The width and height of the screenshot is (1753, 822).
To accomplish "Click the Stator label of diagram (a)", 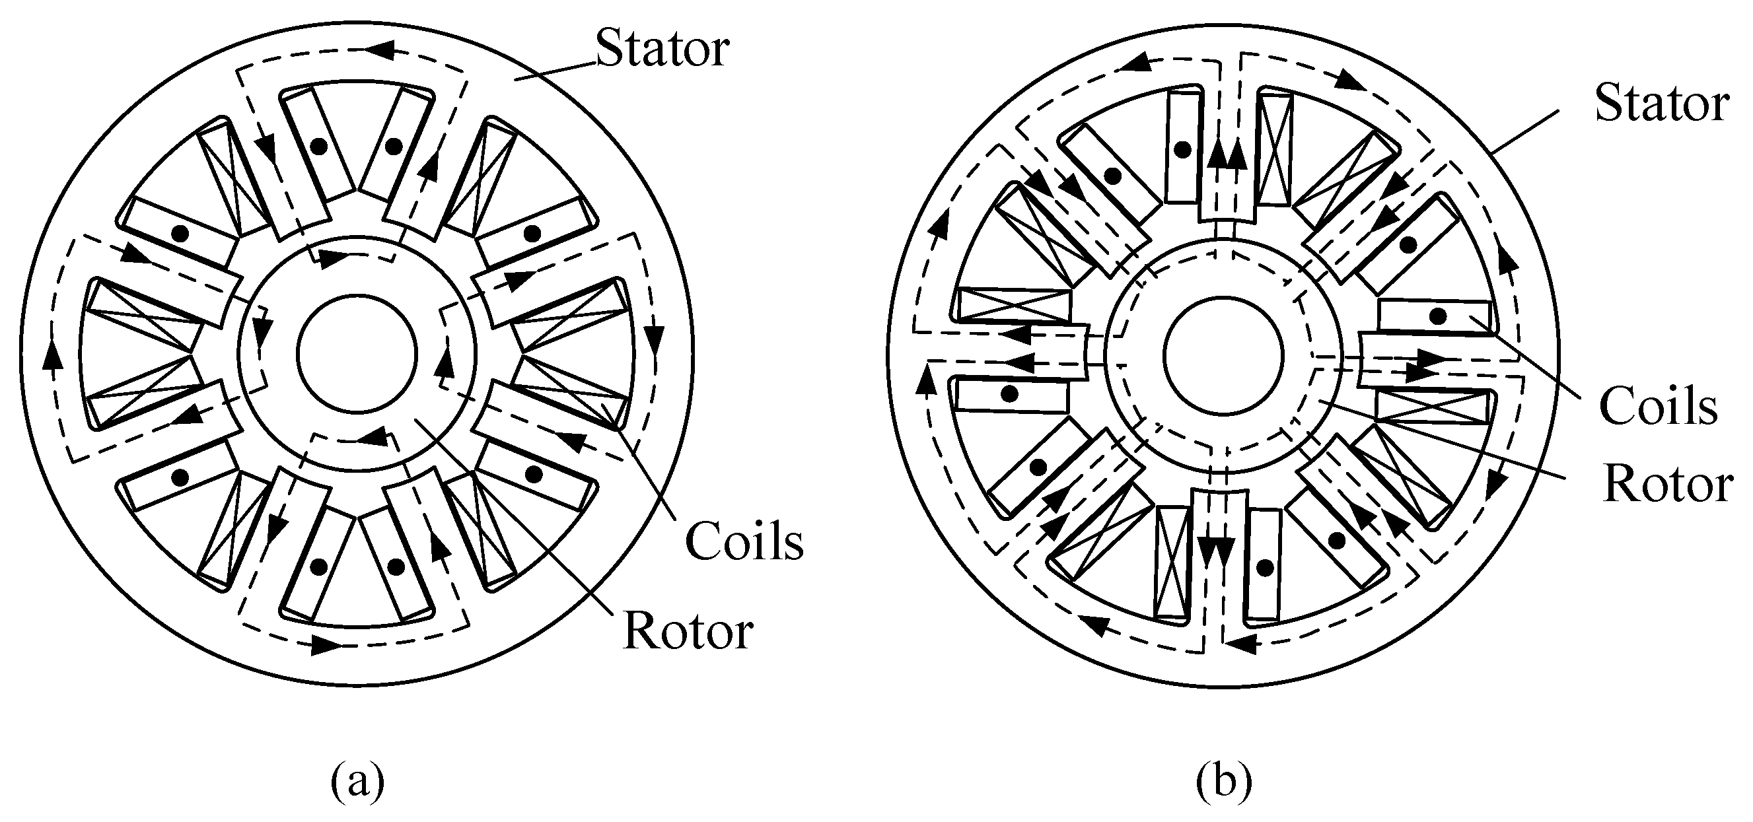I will pyautogui.click(x=662, y=49).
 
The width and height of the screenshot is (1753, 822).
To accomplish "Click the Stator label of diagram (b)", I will pyautogui.click(x=1661, y=104).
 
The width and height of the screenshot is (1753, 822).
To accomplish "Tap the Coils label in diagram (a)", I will pyautogui.click(x=744, y=541).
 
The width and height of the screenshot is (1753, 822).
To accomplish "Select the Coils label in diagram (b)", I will pyautogui.click(x=1658, y=407).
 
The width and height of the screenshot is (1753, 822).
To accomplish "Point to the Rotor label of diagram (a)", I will pyautogui.click(x=688, y=631).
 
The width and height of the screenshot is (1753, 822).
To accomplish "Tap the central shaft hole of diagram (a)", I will pyautogui.click(x=357, y=355).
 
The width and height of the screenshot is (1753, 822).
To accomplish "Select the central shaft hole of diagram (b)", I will pyautogui.click(x=1224, y=355).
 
